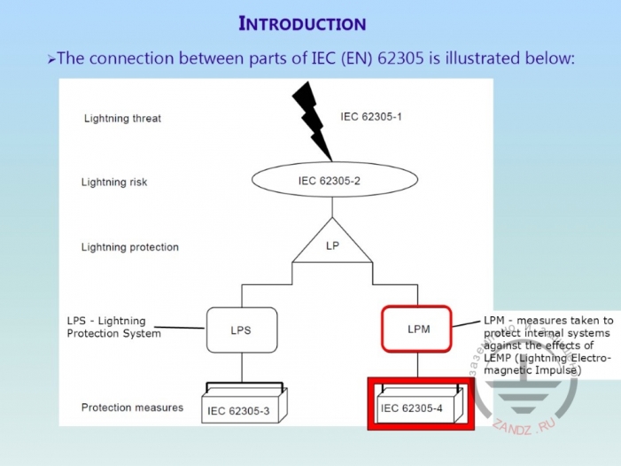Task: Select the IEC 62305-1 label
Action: tap(371, 116)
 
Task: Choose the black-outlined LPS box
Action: tap(241, 330)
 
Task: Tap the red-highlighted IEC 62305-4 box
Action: tap(415, 407)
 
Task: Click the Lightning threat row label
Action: tap(122, 118)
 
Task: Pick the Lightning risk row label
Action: tap(114, 183)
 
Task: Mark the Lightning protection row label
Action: tap(130, 247)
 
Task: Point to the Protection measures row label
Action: tap(132, 408)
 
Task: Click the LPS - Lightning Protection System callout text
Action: tap(114, 327)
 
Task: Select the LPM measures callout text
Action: tap(548, 346)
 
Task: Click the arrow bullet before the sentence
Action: tap(51, 59)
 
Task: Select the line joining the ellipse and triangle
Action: tap(331, 209)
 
